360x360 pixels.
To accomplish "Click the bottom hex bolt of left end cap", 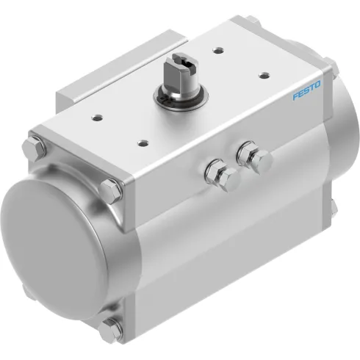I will point(112,328).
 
